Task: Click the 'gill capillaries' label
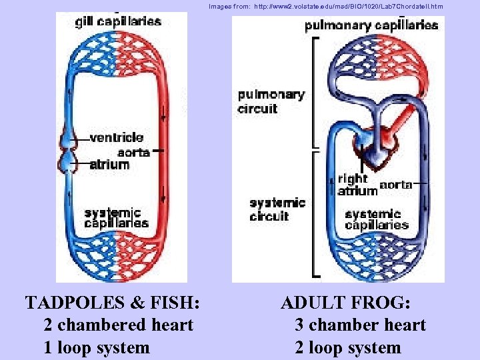click(x=118, y=21)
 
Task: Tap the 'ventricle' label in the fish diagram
click(x=116, y=138)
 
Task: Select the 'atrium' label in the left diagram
click(x=109, y=164)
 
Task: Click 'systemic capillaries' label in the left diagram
click(x=117, y=218)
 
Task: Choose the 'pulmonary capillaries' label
click(x=371, y=26)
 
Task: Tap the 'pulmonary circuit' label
click(x=271, y=101)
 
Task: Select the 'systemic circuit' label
click(x=277, y=209)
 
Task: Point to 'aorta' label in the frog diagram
click(x=395, y=185)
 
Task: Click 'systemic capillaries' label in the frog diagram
click(x=377, y=219)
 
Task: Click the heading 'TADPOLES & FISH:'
click(x=113, y=303)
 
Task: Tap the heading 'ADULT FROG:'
click(x=345, y=303)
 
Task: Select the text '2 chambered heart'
click(x=118, y=325)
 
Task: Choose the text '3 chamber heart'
click(x=360, y=325)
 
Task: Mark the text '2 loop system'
click(x=348, y=347)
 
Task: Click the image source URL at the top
click(x=325, y=6)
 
